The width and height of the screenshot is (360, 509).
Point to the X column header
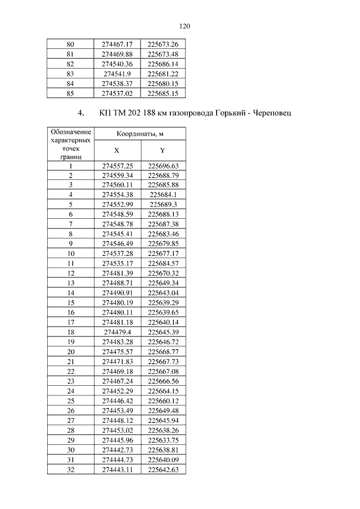click(117, 151)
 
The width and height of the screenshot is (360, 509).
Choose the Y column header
click(163, 151)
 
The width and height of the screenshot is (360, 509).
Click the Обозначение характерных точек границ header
click(70, 144)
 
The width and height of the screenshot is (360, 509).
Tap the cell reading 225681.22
click(163, 74)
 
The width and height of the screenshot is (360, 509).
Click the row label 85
click(70, 93)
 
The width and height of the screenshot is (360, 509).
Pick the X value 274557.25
click(117, 166)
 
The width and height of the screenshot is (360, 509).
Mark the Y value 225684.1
click(163, 195)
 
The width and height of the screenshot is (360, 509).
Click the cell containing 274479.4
click(117, 332)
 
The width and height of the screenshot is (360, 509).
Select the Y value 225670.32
click(163, 273)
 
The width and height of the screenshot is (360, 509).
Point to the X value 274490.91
click(117, 293)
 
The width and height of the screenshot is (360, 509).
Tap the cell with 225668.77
click(163, 352)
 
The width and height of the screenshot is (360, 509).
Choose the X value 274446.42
click(117, 400)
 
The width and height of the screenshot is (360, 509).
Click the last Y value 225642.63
click(163, 469)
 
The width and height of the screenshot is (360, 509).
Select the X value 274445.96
click(117, 440)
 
